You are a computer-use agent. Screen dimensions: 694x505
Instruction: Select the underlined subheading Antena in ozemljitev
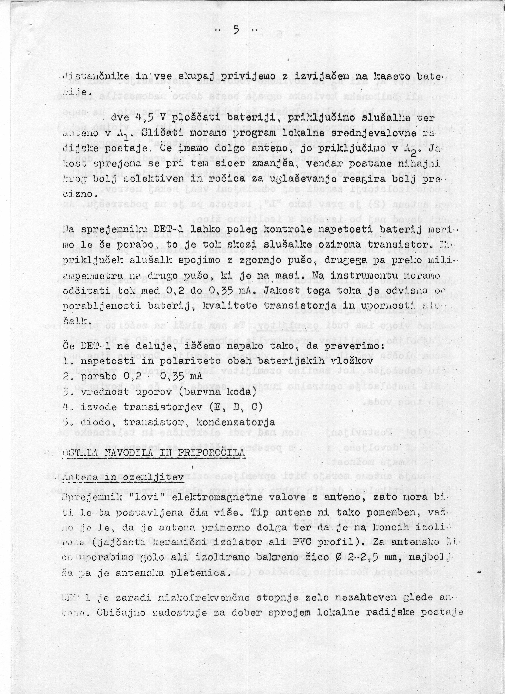[123, 477]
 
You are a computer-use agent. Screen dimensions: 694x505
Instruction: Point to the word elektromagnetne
[217, 497]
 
